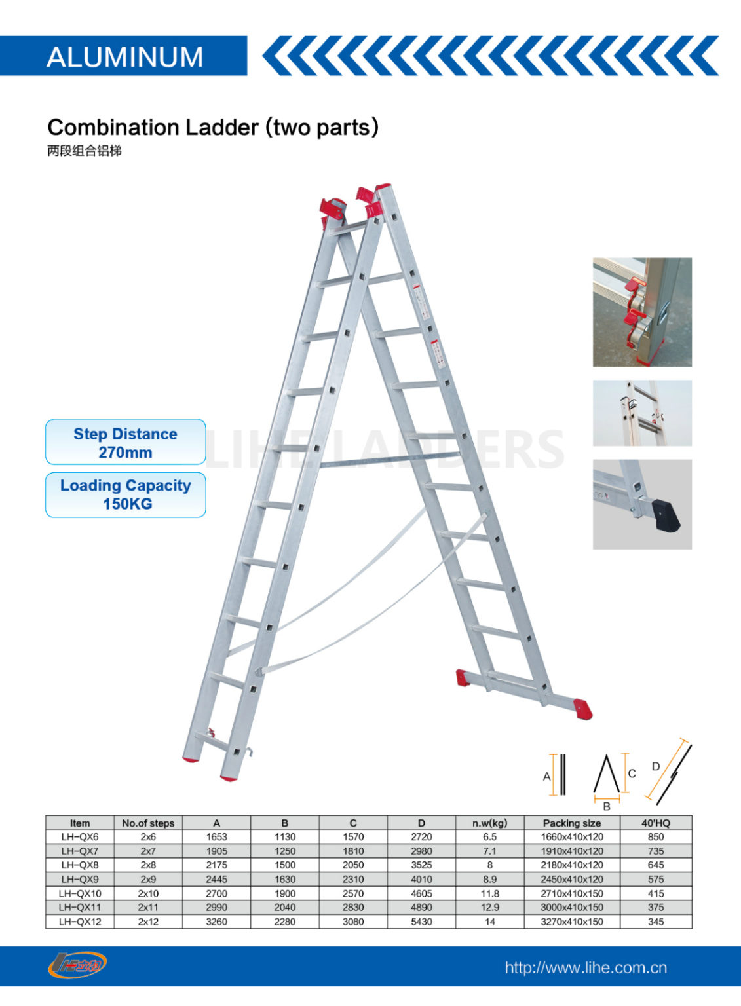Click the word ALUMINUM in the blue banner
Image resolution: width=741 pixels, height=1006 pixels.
(x=124, y=57)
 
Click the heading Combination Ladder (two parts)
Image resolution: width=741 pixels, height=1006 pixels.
(x=213, y=127)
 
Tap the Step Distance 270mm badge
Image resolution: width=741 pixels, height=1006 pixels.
(x=125, y=443)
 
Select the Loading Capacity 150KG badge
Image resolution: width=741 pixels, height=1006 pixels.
(x=125, y=494)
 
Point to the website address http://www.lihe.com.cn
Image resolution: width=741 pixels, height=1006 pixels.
(x=585, y=967)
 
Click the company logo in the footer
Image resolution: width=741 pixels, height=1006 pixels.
(x=77, y=965)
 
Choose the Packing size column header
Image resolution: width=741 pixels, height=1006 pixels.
(x=571, y=823)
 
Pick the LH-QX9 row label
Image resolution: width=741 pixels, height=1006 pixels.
(x=80, y=879)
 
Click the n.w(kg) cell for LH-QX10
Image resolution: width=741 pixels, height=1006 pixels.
(x=489, y=893)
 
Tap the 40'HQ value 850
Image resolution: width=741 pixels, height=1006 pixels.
(x=655, y=837)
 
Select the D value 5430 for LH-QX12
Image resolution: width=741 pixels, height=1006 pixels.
(x=421, y=922)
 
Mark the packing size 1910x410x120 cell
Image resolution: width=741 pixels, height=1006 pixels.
(x=571, y=851)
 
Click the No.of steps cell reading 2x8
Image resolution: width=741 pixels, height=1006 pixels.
(x=148, y=865)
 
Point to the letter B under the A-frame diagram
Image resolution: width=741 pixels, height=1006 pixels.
(x=607, y=806)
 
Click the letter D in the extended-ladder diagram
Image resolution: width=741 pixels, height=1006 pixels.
(x=656, y=766)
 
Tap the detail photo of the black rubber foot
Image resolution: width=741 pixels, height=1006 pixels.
(x=642, y=504)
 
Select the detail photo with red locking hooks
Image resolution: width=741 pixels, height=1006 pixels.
(x=642, y=312)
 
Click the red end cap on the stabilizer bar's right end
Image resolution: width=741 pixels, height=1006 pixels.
(x=582, y=709)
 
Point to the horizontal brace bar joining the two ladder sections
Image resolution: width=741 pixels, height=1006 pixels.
(x=389, y=458)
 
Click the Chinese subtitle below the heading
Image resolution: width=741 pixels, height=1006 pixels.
(x=85, y=151)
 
